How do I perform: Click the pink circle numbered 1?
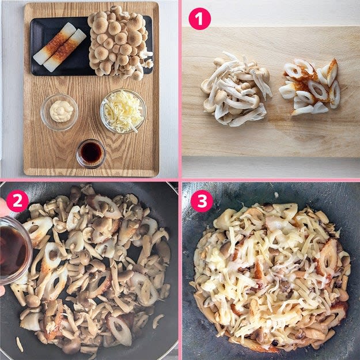point(199,19)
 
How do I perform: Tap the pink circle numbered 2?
point(17,201)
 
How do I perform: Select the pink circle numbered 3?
point(202,201)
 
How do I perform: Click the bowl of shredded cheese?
point(123,111)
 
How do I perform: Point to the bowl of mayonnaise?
point(59,112)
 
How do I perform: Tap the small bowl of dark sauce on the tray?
point(91,153)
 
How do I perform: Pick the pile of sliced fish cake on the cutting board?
point(310,87)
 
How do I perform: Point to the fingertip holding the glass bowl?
point(3,208)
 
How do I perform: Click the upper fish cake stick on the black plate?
point(55,43)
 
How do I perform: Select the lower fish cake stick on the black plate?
point(65,51)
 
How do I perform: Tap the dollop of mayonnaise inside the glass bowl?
point(61,111)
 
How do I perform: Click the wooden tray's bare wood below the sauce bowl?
point(92,172)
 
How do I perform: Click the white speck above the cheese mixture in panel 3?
point(276,195)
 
